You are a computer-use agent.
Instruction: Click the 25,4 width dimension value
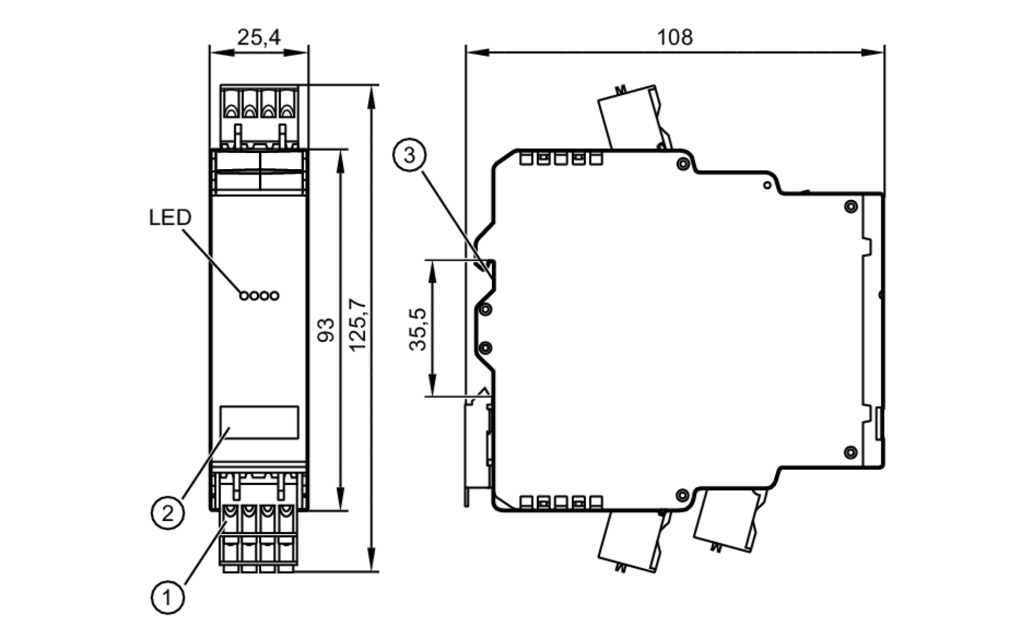click(x=259, y=37)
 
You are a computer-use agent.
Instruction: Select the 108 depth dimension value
click(x=675, y=37)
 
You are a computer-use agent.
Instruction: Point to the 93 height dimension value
click(x=326, y=330)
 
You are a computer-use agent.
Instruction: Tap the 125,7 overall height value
click(x=358, y=326)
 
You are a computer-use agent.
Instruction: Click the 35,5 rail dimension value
click(x=418, y=329)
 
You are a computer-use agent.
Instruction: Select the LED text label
click(x=170, y=217)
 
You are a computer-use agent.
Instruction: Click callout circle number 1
click(x=167, y=598)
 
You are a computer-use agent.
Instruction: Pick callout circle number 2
click(x=167, y=513)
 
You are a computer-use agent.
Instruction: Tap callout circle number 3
click(x=409, y=155)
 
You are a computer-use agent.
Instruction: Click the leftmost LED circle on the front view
click(x=244, y=296)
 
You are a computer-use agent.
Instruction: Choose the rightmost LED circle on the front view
click(x=274, y=296)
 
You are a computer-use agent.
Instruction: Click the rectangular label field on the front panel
click(x=259, y=422)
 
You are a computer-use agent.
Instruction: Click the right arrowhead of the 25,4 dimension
click(x=298, y=52)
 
